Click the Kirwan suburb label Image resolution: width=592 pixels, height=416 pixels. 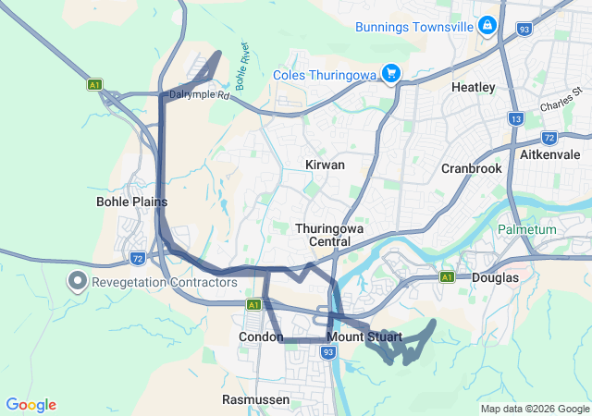[325, 165]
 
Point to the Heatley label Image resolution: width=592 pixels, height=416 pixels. [473, 87]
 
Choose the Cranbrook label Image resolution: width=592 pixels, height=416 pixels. [471, 169]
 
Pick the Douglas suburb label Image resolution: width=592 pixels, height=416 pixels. [495, 276]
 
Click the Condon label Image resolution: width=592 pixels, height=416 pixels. [261, 337]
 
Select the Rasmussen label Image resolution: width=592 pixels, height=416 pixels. [255, 399]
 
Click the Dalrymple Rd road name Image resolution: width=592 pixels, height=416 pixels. [198, 94]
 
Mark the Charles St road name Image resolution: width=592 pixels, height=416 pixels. [558, 104]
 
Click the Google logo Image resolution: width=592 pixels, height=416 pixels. [31, 405]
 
